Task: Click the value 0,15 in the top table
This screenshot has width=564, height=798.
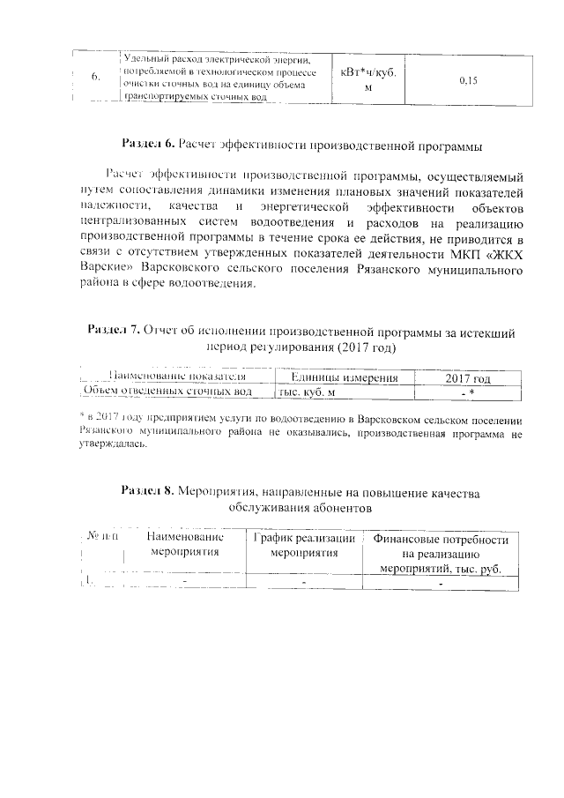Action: (x=468, y=80)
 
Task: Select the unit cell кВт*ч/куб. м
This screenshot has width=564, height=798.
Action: (x=368, y=80)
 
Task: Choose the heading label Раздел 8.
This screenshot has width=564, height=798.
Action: (x=148, y=491)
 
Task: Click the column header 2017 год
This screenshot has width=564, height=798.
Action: (x=468, y=377)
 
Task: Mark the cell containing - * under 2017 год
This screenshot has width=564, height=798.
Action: (x=468, y=392)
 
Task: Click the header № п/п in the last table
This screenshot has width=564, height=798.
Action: (x=102, y=536)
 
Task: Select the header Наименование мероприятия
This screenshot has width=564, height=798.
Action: (x=185, y=544)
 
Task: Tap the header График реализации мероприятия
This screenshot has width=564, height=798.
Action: (x=304, y=544)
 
